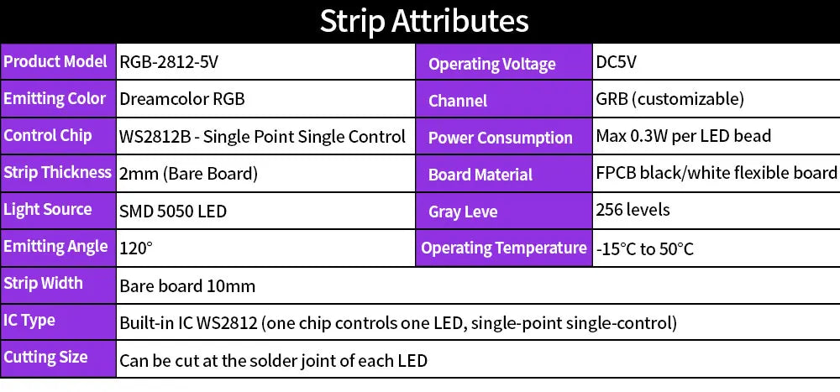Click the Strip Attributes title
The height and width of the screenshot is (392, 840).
pos(423,21)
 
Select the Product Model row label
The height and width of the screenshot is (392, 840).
pos(55,61)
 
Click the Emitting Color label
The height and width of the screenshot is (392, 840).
pos(55,98)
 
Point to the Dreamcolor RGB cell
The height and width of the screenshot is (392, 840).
pos(182,99)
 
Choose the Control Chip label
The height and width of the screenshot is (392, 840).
pos(48,135)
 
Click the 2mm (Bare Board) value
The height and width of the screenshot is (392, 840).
pos(188,174)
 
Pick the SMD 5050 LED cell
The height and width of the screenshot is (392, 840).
pos(173,211)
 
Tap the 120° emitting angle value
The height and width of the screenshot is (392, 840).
pos(136,248)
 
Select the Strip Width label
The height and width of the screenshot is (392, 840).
pos(43,283)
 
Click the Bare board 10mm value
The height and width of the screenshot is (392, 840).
pos(187,286)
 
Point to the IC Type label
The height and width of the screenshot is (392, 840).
pos(29,320)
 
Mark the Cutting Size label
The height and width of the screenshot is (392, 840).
pos(45,357)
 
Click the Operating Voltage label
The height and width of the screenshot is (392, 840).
pos(492,64)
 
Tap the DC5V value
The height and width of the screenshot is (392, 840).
pos(617,61)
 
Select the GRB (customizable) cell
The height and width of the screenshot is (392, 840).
pos(669,99)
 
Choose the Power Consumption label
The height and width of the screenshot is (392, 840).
pos(500,138)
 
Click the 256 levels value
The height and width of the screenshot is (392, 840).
pos(633,210)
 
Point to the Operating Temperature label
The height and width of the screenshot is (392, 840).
pos(504,248)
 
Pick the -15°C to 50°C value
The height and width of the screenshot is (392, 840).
pos(645,249)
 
